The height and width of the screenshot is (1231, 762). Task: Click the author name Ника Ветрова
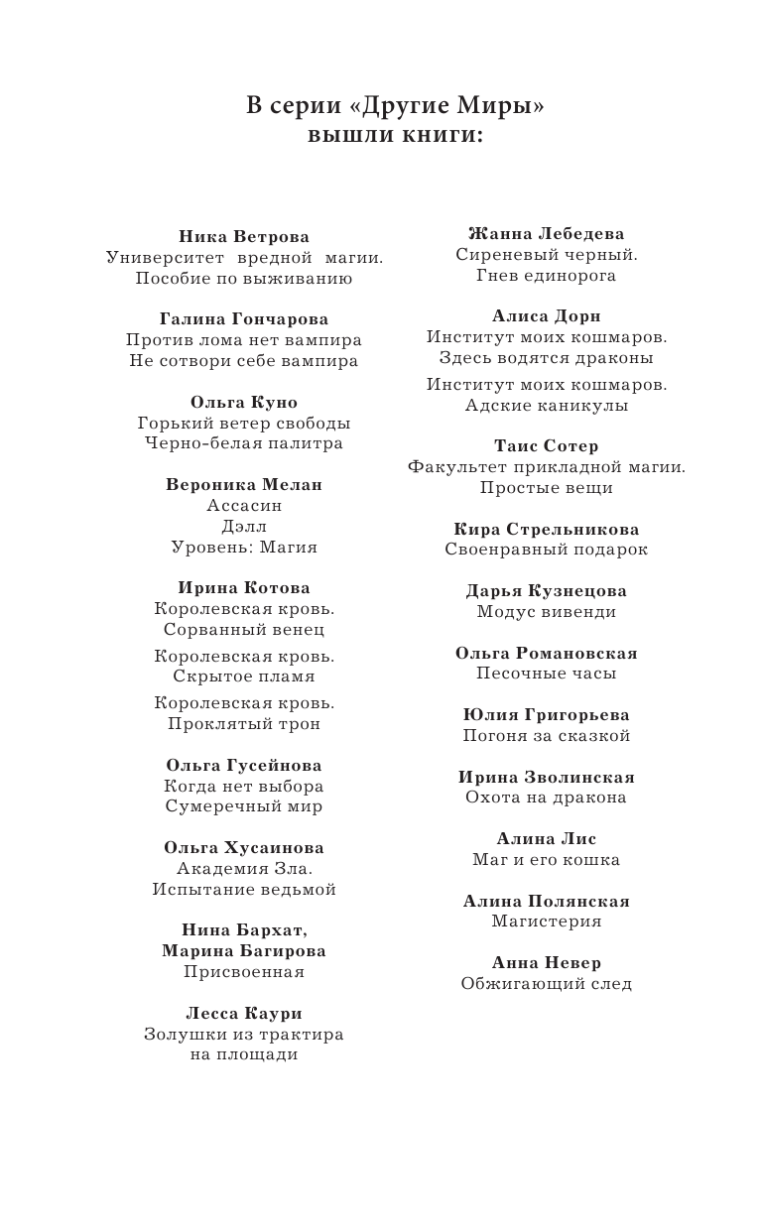click(244, 236)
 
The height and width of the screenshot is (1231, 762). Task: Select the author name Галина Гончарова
click(244, 318)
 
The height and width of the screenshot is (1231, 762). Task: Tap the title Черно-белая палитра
click(244, 443)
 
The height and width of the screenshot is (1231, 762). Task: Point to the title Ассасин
click(244, 505)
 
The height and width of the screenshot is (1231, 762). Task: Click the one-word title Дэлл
click(244, 526)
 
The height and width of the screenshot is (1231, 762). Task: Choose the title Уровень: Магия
click(244, 547)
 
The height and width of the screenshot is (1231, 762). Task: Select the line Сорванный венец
click(244, 629)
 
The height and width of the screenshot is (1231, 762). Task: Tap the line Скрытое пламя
click(244, 677)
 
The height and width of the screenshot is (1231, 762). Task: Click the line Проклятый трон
click(244, 724)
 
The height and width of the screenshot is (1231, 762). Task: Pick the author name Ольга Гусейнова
click(244, 765)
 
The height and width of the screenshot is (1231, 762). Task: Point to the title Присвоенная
click(244, 972)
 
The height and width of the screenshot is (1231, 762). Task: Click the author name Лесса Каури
click(244, 1013)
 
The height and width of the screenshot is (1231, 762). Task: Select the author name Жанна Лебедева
click(547, 233)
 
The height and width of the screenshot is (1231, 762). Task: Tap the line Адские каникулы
click(547, 405)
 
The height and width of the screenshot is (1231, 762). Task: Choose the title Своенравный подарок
click(547, 550)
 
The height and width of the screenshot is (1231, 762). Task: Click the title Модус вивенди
click(547, 612)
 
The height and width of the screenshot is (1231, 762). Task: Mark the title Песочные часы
click(547, 674)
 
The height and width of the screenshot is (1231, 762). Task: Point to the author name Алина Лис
click(547, 838)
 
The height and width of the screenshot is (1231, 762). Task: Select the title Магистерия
click(547, 922)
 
